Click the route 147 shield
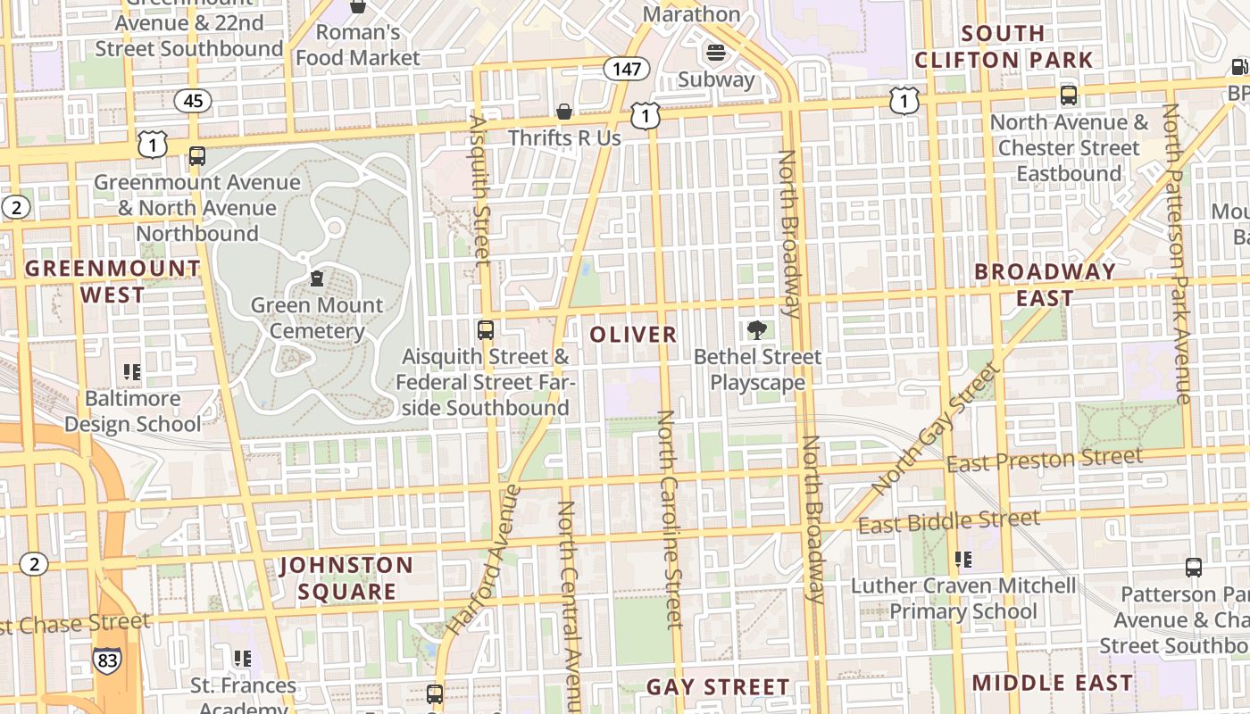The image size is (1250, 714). pyautogui.click(x=627, y=68)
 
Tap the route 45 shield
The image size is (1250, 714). pyautogui.click(x=193, y=101)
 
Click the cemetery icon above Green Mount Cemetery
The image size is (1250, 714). pyautogui.click(x=317, y=278)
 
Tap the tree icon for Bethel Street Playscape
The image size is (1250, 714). pyautogui.click(x=757, y=330)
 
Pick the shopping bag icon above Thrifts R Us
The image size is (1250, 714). pyautogui.click(x=564, y=112)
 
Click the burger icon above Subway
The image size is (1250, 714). pyautogui.click(x=716, y=53)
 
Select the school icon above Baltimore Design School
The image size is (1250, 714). pyautogui.click(x=132, y=371)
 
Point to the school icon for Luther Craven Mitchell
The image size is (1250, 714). pyautogui.click(x=962, y=560)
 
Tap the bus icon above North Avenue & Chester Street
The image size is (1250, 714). pyautogui.click(x=1069, y=95)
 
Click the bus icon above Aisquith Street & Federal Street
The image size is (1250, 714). pyautogui.click(x=486, y=330)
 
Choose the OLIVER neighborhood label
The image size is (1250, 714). pyautogui.click(x=634, y=335)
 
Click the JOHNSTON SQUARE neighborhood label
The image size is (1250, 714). pyautogui.click(x=346, y=577)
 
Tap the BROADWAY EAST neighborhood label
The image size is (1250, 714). pyautogui.click(x=1046, y=284)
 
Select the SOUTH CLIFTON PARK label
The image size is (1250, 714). pyautogui.click(x=1004, y=46)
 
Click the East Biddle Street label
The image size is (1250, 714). pyautogui.click(x=949, y=521)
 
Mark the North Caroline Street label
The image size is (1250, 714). pyautogui.click(x=670, y=519)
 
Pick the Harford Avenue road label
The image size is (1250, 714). pyautogui.click(x=483, y=559)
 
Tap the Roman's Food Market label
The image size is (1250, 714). pyautogui.click(x=358, y=45)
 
